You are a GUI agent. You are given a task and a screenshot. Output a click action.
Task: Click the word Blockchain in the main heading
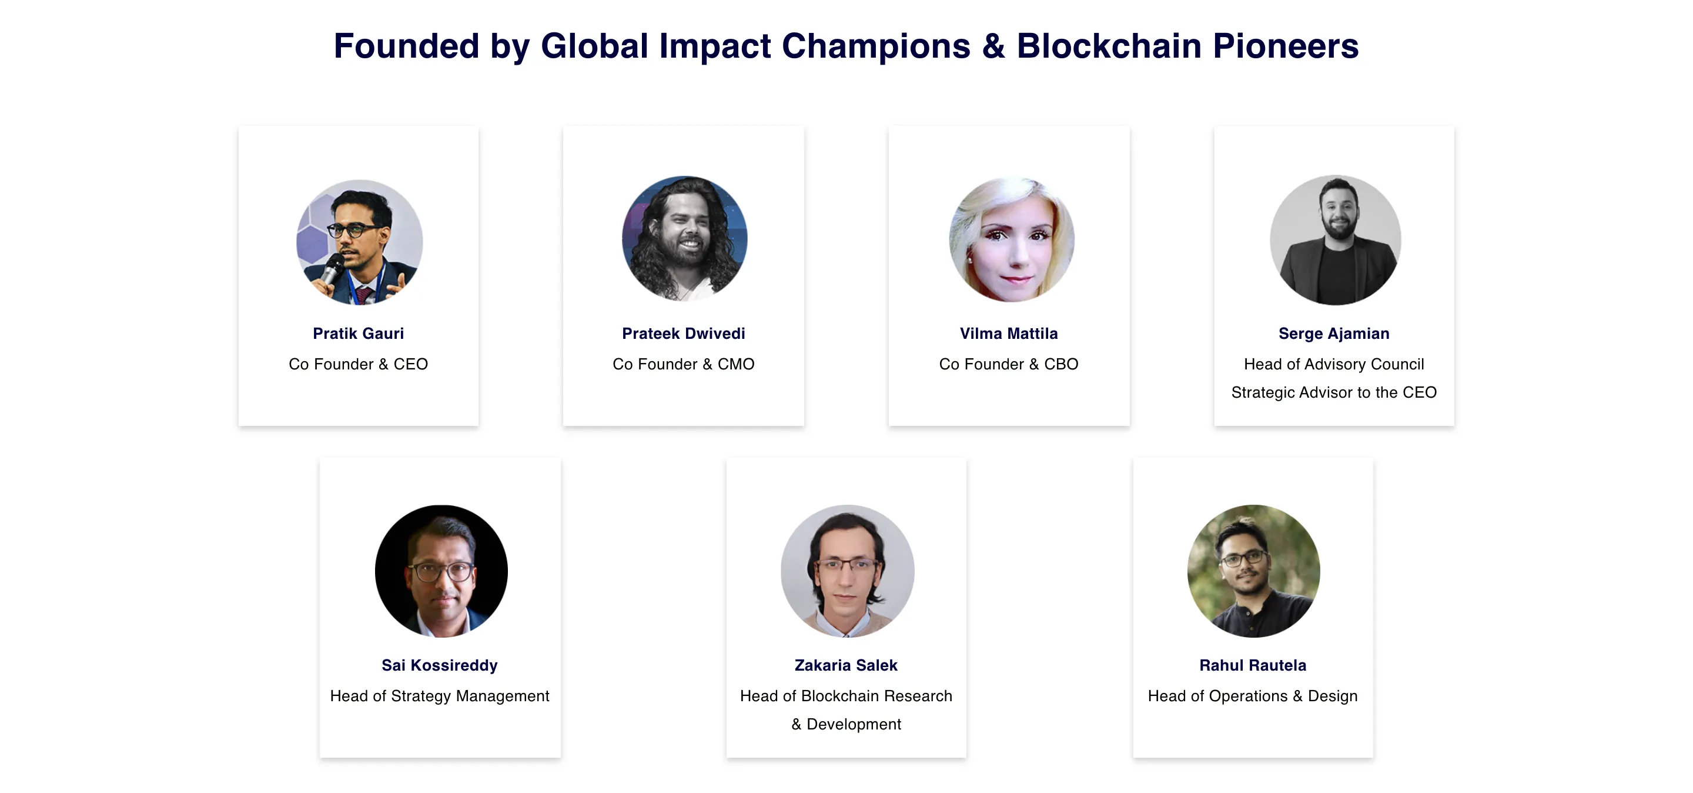point(1109,46)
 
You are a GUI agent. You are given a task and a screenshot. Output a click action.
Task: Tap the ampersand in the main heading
point(993,46)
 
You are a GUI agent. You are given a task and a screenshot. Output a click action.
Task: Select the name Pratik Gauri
point(358,334)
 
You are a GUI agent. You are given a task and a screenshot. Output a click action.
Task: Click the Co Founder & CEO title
point(358,364)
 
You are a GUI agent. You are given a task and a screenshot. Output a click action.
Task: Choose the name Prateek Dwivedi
point(684,334)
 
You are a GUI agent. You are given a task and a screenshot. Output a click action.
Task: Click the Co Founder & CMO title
point(684,364)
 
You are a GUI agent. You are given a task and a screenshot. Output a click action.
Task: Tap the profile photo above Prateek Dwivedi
point(684,239)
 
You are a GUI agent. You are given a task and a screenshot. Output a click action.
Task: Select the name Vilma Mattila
point(1009,334)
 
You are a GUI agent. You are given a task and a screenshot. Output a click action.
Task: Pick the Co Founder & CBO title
point(1009,364)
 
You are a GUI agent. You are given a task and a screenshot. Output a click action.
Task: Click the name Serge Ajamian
point(1334,334)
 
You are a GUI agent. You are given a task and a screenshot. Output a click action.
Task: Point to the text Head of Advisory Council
point(1334,364)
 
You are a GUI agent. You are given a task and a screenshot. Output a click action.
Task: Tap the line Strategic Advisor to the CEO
point(1334,392)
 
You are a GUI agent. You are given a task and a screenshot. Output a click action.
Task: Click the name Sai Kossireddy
point(440,665)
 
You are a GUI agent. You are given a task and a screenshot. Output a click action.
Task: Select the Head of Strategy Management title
point(440,696)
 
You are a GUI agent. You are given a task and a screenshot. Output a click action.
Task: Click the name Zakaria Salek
point(846,665)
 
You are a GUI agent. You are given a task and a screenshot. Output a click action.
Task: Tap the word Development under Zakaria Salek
point(854,724)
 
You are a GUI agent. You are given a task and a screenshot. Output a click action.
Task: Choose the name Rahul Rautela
point(1253,665)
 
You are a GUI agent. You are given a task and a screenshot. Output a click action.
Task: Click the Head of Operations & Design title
point(1253,696)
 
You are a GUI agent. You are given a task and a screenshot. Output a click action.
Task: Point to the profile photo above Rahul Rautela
point(1253,571)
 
